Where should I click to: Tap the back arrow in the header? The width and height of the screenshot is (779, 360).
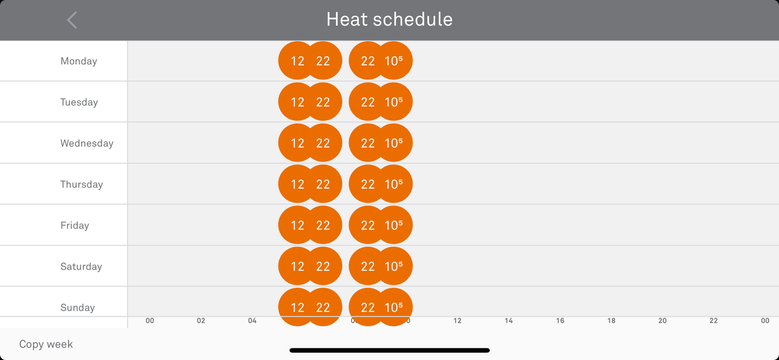[x=72, y=20]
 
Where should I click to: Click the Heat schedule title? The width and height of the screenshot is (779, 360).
[x=389, y=19]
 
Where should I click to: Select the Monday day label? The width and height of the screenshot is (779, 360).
[x=79, y=61]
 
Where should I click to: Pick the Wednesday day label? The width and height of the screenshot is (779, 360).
[x=87, y=143]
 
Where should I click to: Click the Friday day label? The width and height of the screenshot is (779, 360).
[x=74, y=226]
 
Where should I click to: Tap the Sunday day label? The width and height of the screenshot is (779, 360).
[x=77, y=307]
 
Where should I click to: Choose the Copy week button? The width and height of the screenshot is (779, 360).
[x=46, y=344]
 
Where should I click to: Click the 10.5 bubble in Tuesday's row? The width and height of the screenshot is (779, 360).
[x=394, y=102]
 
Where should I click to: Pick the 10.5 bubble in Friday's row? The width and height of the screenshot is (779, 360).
[x=394, y=225]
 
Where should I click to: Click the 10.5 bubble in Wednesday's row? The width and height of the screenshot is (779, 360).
[x=394, y=143]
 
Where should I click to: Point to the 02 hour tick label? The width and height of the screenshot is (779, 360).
[x=201, y=321]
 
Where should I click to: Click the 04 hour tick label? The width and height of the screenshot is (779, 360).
[x=252, y=321]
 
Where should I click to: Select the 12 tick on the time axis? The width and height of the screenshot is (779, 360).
[x=457, y=321]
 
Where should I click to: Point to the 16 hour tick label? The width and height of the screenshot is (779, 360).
[x=560, y=321]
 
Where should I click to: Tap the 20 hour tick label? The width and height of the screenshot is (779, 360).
[x=662, y=321]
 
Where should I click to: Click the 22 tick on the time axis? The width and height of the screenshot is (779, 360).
[x=713, y=321]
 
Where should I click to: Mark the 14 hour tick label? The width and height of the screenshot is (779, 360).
[x=509, y=321]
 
